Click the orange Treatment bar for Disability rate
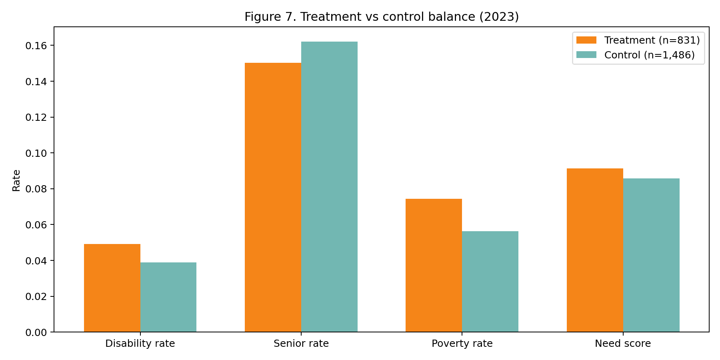(112, 288)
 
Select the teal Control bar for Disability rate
(168, 297)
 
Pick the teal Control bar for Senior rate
(329, 187)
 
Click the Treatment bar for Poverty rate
(434, 265)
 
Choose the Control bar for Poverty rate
(490, 282)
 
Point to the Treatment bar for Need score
(595, 250)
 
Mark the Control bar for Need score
(651, 255)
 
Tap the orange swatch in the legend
(586, 40)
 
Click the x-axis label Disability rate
(140, 344)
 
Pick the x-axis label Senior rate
(301, 344)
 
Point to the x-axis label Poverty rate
(462, 344)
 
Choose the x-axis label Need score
(623, 344)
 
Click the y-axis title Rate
(16, 180)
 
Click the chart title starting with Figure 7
(382, 17)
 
